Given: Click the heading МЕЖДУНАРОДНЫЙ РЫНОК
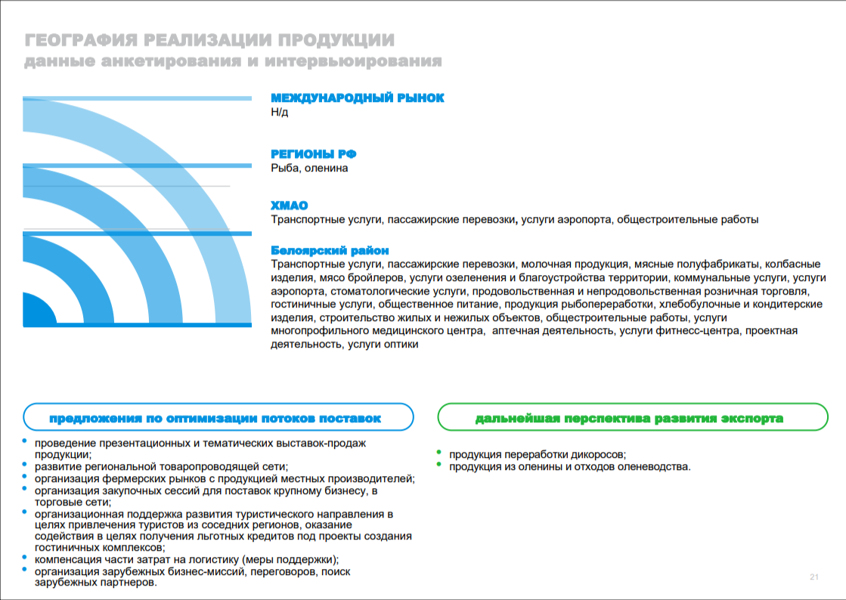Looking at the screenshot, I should click(x=358, y=98).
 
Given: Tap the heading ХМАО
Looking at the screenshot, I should click(x=290, y=206).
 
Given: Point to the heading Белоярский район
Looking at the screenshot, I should click(x=330, y=250).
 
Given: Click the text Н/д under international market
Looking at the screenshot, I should click(x=280, y=113).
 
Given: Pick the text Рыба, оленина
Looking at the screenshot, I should click(x=310, y=168).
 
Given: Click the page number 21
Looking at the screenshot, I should click(x=814, y=577).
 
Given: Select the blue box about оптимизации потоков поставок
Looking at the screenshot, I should click(x=218, y=418).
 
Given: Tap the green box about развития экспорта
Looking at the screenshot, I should click(x=628, y=418).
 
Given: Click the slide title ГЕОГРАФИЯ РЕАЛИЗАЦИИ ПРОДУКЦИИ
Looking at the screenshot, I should click(x=209, y=40).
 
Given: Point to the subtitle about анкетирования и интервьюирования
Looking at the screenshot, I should click(x=233, y=61).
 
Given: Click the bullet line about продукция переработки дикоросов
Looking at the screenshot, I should click(x=538, y=454).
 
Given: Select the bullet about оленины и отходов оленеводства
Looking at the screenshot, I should click(x=570, y=466).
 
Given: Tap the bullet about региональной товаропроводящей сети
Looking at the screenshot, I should click(x=161, y=466).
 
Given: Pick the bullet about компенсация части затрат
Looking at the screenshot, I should click(x=186, y=560).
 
